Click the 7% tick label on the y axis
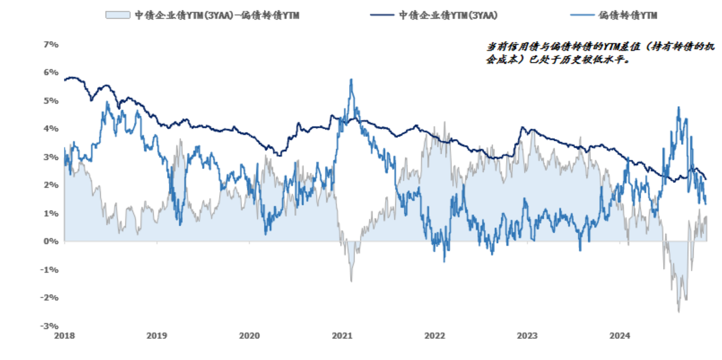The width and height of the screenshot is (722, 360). click(51, 45)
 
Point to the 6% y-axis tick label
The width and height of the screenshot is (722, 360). click(51, 72)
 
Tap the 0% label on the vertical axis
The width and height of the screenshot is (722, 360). click(51, 241)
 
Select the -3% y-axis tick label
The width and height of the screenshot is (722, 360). click(49, 326)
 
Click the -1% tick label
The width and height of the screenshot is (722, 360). click(49, 270)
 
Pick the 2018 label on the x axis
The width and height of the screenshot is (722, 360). click(64, 336)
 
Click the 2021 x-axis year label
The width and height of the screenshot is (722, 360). click(342, 336)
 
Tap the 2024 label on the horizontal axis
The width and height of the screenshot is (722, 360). click(620, 336)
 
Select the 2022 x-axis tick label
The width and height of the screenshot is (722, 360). click(434, 336)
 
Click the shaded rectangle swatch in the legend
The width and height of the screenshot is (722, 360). click(118, 15)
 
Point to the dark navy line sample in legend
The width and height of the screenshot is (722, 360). click(382, 15)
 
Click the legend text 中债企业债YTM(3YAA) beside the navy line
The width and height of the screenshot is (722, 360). click(448, 15)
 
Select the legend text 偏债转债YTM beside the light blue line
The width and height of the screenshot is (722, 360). click(628, 15)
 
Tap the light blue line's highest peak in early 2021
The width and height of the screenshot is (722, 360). click(351, 80)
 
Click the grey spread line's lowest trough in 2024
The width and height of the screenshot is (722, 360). click(679, 312)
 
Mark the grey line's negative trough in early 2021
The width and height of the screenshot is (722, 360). click(351, 281)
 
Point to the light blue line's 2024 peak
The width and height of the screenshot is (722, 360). click(679, 107)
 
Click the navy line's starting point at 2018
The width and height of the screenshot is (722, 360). click(65, 80)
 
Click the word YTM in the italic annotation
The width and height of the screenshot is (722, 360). click(612, 47)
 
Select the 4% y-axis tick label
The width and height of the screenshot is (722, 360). click(51, 129)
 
